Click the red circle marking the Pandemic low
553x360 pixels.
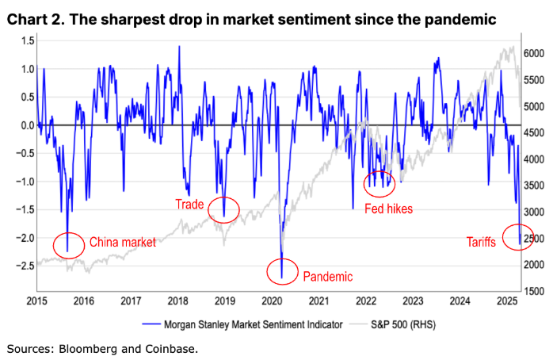click(282, 270)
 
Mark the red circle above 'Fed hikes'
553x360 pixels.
click(379, 183)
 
